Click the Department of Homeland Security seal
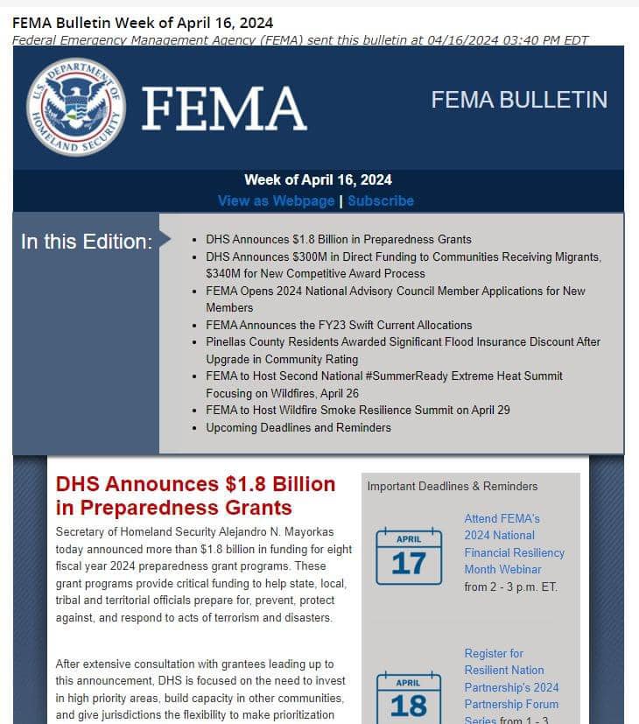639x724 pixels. pos(76,107)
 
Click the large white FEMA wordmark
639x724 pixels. pos(224,109)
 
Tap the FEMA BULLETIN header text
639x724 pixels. pos(518,100)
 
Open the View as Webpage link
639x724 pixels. pos(276,200)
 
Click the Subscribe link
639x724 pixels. pos(381,200)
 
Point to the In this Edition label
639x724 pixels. pos(86,242)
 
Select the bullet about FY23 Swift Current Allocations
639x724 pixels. pos(339,325)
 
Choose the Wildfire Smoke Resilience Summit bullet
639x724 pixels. pos(358,410)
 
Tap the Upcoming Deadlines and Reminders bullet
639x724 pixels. pos(298,427)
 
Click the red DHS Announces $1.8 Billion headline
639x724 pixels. pos(195,496)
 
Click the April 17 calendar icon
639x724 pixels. pos(408,558)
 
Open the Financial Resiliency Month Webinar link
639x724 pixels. pos(514,544)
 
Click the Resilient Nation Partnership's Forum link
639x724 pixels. pos(511,687)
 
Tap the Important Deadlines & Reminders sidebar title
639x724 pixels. pos(453,486)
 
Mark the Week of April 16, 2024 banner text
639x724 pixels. pos(318,179)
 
